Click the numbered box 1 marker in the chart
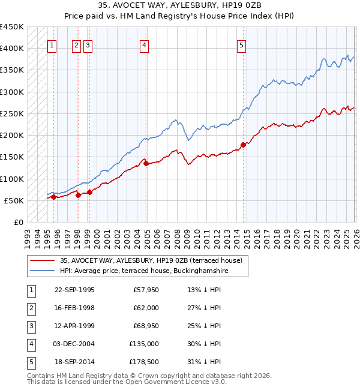pos(53,44)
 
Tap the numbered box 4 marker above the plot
pos(145,44)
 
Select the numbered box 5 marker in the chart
pos(241,44)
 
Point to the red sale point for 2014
pos(243,145)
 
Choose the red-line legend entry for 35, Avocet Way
pos(150,260)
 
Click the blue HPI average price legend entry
pos(144,271)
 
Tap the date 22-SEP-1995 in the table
pos(74,290)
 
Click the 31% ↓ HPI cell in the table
pos(204,362)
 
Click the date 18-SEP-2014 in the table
pos(74,362)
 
